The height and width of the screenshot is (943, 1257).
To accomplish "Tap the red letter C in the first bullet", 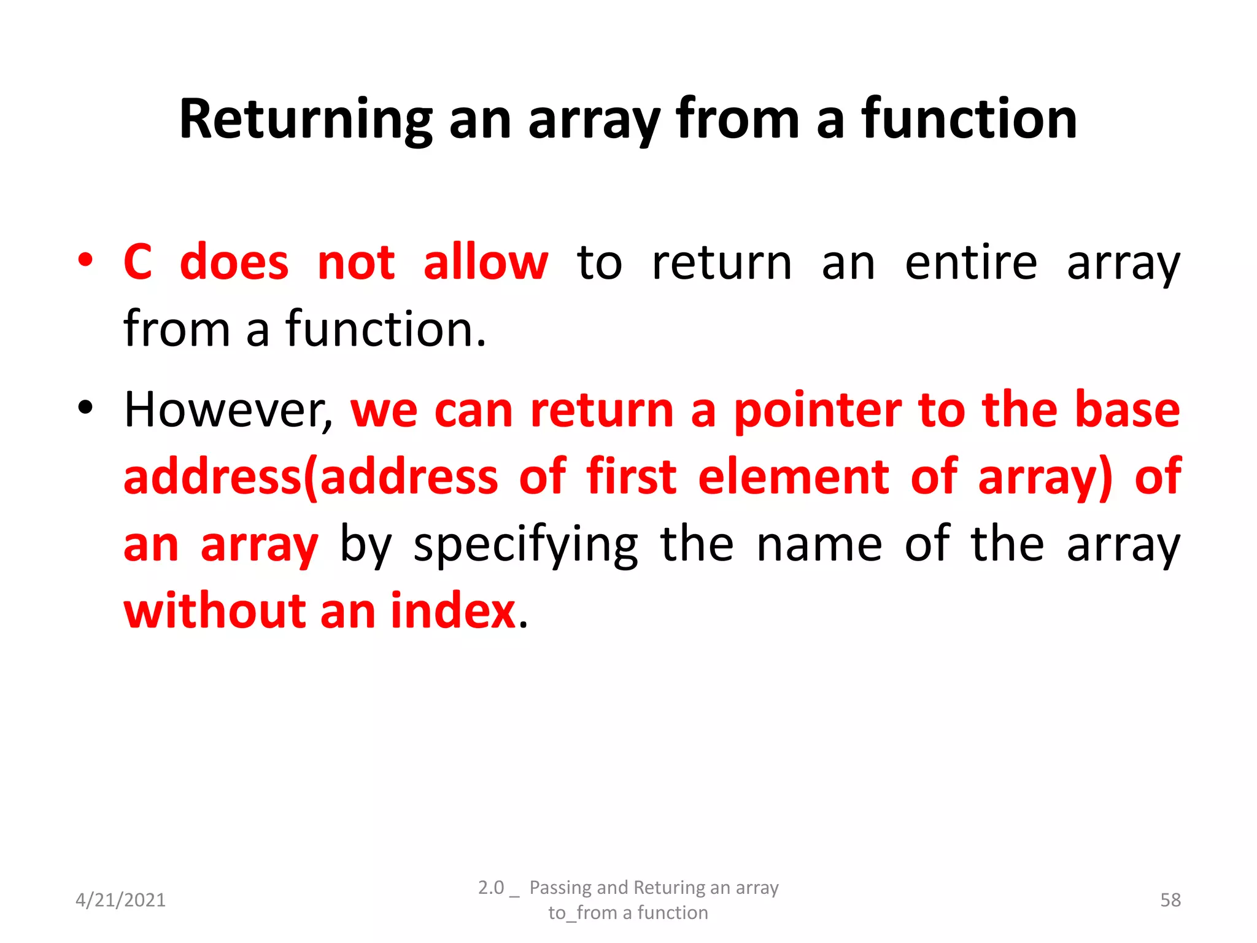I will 137,262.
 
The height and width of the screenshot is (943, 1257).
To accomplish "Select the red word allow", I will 485,262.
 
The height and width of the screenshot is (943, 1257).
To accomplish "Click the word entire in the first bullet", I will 971,262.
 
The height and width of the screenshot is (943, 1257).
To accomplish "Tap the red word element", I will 793,476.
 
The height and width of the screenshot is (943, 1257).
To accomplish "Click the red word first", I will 631,476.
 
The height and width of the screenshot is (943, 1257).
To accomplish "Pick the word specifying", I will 526,545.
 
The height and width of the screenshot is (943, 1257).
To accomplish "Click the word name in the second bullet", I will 819,545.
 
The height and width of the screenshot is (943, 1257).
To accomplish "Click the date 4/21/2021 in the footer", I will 120,900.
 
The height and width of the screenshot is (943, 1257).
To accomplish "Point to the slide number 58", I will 1170,900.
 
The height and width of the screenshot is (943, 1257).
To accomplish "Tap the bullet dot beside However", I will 85,407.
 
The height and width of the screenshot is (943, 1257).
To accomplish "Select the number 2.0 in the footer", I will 491,888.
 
